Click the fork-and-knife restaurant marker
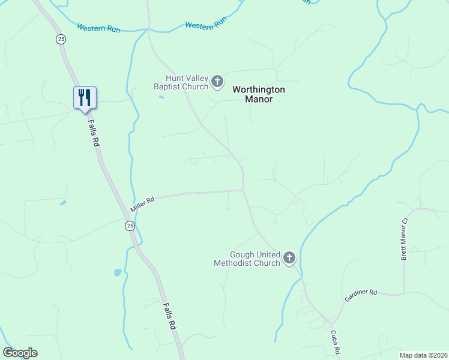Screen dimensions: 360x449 [85, 98]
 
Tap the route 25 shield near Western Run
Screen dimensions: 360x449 [61, 39]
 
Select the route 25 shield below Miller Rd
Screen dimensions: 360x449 [130, 225]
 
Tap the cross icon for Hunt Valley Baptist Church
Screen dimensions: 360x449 [217, 80]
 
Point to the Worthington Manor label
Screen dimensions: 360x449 [259, 94]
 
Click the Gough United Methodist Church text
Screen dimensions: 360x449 [247, 259]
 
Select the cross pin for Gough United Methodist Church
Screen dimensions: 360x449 [289, 258]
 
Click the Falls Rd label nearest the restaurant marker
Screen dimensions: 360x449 [94, 132]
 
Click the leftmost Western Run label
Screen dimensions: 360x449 [98, 28]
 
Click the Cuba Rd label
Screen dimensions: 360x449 [336, 342]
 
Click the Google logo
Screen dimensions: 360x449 [20, 353]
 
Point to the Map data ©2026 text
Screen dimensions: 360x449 [423, 355]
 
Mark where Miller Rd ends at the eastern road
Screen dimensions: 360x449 [243, 190]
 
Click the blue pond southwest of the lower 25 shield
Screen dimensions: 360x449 [118, 272]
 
